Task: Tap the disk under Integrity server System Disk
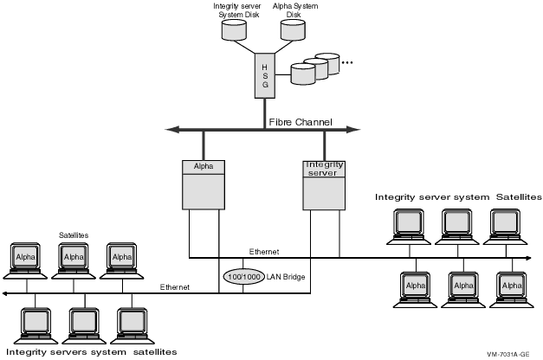tap(233, 33)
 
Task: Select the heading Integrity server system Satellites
tap(457, 197)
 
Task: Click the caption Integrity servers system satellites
tap(91, 351)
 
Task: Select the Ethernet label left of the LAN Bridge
tap(175, 286)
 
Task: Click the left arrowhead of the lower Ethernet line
tap(4, 294)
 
